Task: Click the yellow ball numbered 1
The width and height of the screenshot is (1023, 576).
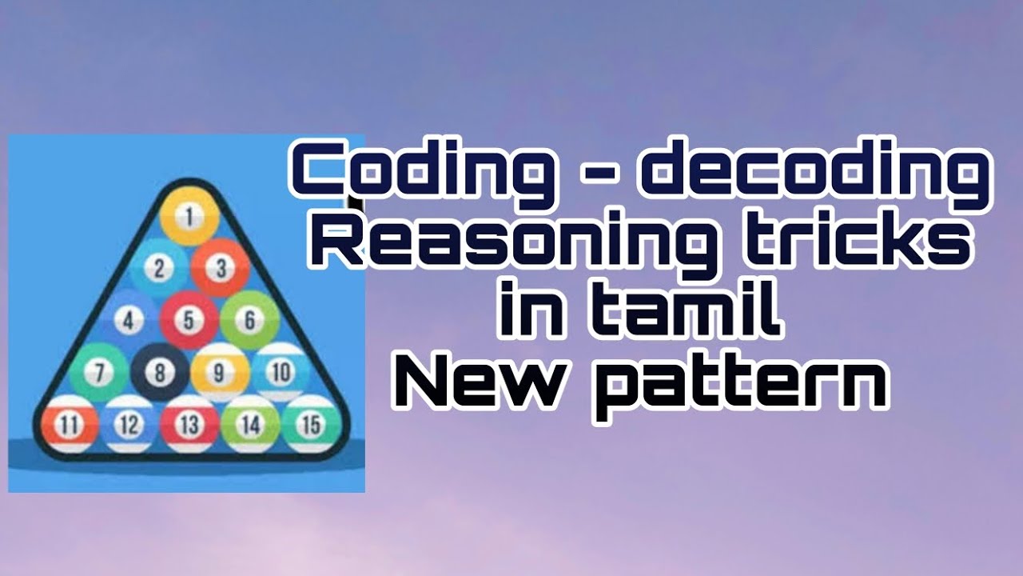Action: [189, 215]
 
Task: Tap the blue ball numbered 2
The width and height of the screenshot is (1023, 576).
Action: [159, 268]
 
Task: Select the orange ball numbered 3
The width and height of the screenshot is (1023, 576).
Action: [221, 267]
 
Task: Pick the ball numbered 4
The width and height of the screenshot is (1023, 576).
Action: [129, 321]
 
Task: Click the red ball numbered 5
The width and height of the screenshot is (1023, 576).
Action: [189, 320]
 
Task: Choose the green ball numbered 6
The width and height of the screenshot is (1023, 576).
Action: [249, 320]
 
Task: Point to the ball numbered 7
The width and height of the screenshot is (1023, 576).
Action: [98, 373]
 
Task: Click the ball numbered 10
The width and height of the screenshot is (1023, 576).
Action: [280, 372]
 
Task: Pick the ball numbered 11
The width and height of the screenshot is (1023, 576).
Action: [69, 425]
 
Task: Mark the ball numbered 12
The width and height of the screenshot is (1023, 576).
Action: [129, 425]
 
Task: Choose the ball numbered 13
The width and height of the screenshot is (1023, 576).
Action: [189, 425]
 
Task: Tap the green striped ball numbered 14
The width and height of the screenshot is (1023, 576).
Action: [250, 425]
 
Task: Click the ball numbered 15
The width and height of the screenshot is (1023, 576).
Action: [310, 424]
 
